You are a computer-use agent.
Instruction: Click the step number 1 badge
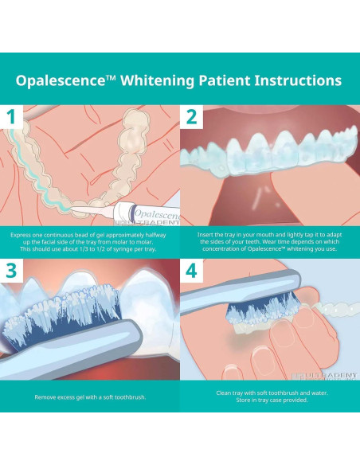(12, 118)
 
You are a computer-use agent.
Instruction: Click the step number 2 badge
(191, 118)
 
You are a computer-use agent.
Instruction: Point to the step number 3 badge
(12, 271)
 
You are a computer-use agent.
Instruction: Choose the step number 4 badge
(191, 271)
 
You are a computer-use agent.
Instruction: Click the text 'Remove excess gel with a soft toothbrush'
(89, 396)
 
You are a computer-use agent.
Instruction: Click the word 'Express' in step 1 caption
(21, 236)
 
